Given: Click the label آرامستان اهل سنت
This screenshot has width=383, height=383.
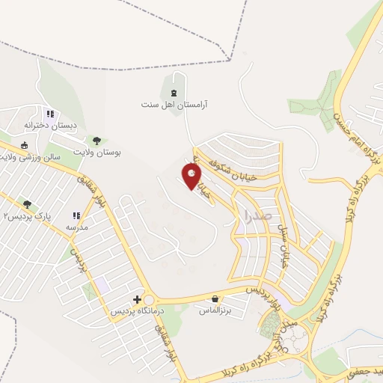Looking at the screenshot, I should (x=177, y=105).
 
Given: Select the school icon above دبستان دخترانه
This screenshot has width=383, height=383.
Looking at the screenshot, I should (x=50, y=114).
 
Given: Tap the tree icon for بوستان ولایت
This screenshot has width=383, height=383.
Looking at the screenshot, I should (x=96, y=140).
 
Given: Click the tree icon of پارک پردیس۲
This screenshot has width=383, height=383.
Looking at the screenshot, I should (x=28, y=204).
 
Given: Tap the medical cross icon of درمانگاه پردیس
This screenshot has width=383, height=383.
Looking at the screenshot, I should (x=136, y=299).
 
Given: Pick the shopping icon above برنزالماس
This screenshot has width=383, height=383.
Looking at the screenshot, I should (x=215, y=298).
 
